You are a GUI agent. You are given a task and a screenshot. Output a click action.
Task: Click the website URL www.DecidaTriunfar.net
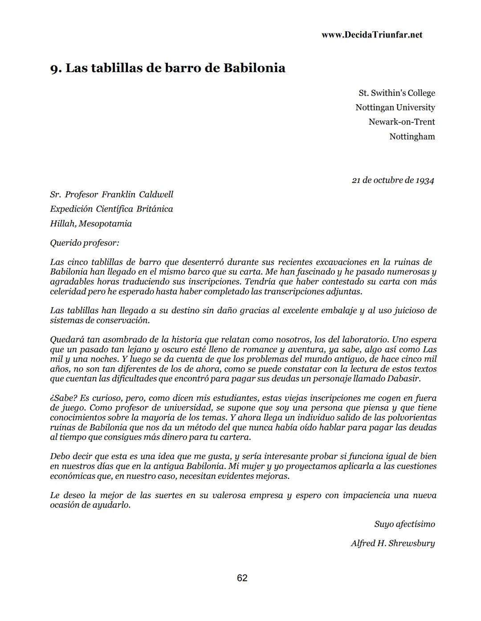click(371, 35)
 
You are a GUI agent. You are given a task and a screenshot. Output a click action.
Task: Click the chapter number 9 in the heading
click(54, 69)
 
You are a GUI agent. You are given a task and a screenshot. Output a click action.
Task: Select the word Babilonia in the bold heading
click(254, 68)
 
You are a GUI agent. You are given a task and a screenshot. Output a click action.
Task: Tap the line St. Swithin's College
click(396, 93)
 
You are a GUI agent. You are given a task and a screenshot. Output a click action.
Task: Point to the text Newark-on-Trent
click(401, 122)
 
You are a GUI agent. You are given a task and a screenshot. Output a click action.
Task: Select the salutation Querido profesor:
click(85, 243)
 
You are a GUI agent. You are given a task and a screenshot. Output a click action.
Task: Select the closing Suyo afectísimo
click(404, 524)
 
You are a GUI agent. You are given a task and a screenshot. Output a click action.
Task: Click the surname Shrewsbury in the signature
click(412, 543)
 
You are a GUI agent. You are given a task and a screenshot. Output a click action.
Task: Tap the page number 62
click(242, 578)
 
